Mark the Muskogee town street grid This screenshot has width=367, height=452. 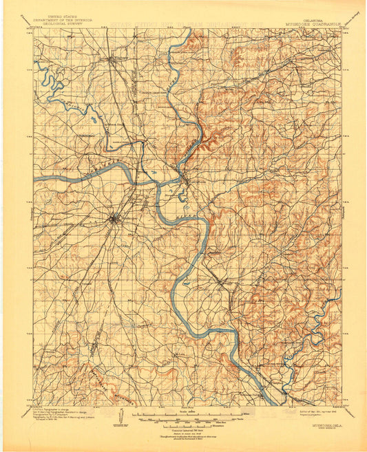(x=114, y=219)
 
